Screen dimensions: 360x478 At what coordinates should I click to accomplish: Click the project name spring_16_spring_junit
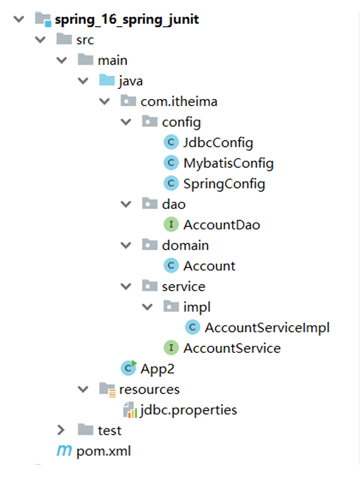pyautogui.click(x=126, y=19)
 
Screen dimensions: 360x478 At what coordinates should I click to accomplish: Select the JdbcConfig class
pyautogui.click(x=218, y=142)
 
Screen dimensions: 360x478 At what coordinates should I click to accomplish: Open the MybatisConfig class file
pyautogui.click(x=228, y=163)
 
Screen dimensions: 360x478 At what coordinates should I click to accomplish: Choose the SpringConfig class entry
pyautogui.click(x=224, y=184)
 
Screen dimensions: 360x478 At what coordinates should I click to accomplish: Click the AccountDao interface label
pyautogui.click(x=222, y=225)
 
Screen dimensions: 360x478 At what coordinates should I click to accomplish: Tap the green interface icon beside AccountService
pyautogui.click(x=171, y=348)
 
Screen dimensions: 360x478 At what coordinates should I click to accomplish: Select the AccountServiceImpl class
pyautogui.click(x=267, y=327)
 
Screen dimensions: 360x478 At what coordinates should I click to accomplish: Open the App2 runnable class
pyautogui.click(x=157, y=368)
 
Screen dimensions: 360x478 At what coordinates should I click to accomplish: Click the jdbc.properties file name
pyautogui.click(x=189, y=409)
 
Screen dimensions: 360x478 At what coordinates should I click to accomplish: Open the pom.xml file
pyautogui.click(x=103, y=451)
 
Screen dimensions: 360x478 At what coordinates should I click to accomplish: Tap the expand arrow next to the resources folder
pyautogui.click(x=83, y=389)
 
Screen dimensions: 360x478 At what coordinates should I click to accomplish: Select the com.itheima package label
pyautogui.click(x=179, y=101)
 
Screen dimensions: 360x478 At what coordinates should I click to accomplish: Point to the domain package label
pyautogui.click(x=185, y=245)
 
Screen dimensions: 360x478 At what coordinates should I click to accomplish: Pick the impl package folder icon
pyautogui.click(x=171, y=307)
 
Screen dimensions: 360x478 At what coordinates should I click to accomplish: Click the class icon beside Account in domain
pyautogui.click(x=171, y=266)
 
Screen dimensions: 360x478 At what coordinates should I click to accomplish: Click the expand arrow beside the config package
pyautogui.click(x=126, y=122)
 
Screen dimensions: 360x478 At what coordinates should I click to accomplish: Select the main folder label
pyautogui.click(x=112, y=60)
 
